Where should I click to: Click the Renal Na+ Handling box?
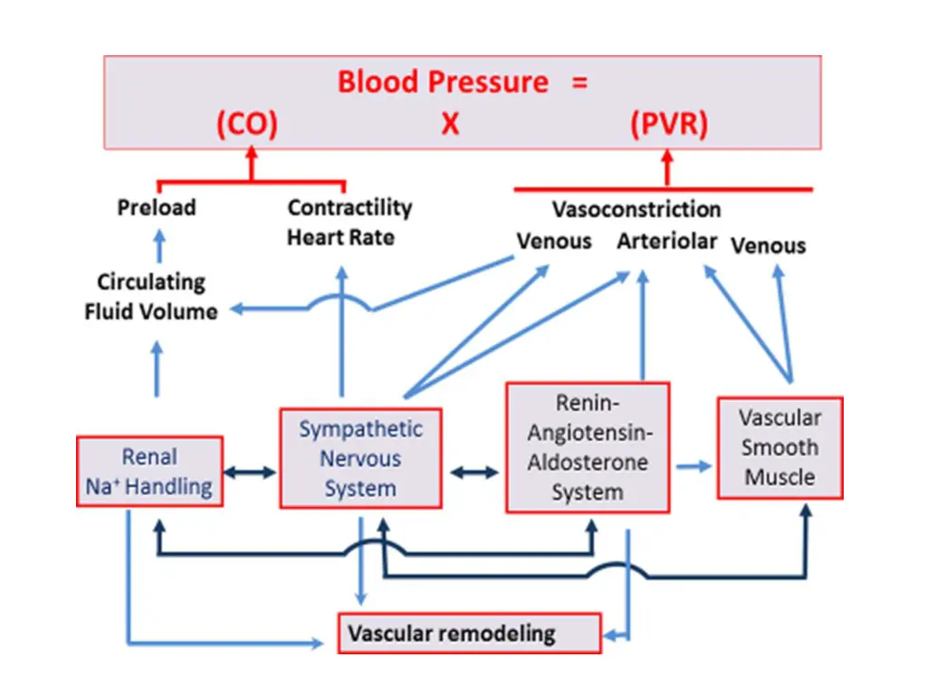[150, 471]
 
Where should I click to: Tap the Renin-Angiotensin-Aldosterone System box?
[587, 446]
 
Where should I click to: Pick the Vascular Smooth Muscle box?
[779, 447]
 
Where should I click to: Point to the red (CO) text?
[246, 124]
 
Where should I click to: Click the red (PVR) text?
[669, 124]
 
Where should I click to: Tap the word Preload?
[157, 207]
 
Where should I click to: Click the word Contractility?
[349, 207]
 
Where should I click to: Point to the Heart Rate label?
[340, 237]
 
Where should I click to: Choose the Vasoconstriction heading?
[636, 209]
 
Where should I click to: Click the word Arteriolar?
[667, 242]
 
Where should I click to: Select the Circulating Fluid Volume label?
[151, 297]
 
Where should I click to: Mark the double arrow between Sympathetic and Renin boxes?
[473, 471]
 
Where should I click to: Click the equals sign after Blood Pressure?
[579, 82]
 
